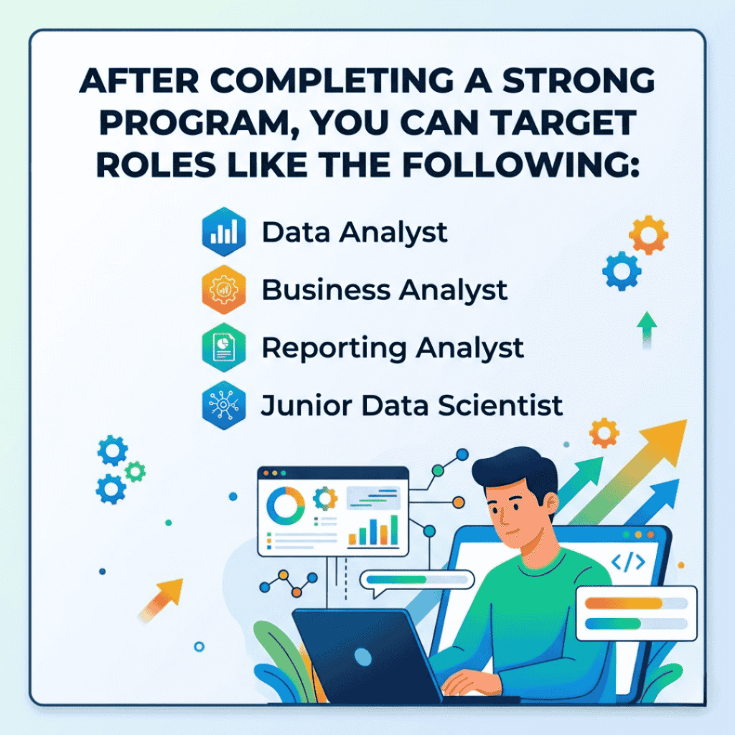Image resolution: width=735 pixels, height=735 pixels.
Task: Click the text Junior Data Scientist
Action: tap(411, 406)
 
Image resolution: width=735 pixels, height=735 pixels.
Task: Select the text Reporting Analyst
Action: tap(392, 348)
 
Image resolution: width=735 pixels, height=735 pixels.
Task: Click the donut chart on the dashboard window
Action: tap(285, 504)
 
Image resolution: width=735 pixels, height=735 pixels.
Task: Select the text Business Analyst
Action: tap(384, 291)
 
